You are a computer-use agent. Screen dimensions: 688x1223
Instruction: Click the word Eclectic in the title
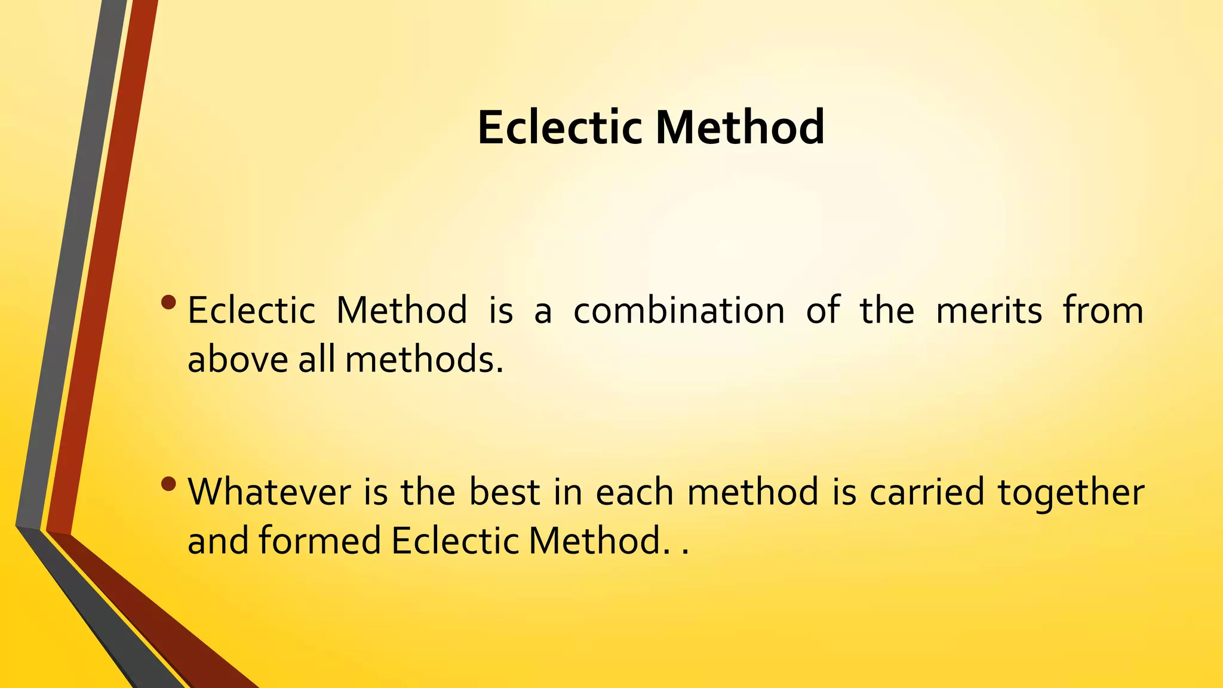[x=560, y=127]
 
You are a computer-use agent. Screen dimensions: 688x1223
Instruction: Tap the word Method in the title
[x=740, y=127]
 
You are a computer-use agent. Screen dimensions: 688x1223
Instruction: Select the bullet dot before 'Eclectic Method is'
[x=169, y=302]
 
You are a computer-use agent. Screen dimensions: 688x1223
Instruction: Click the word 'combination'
[x=679, y=311]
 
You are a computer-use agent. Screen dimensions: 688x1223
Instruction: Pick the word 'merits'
[x=989, y=311]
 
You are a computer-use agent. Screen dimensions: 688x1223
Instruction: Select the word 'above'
[x=238, y=360]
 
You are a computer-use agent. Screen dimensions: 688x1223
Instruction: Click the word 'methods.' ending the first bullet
[x=424, y=360]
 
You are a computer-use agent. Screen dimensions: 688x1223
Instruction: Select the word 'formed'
[x=319, y=540]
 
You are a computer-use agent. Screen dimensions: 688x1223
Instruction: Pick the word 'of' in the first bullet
[x=823, y=311]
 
